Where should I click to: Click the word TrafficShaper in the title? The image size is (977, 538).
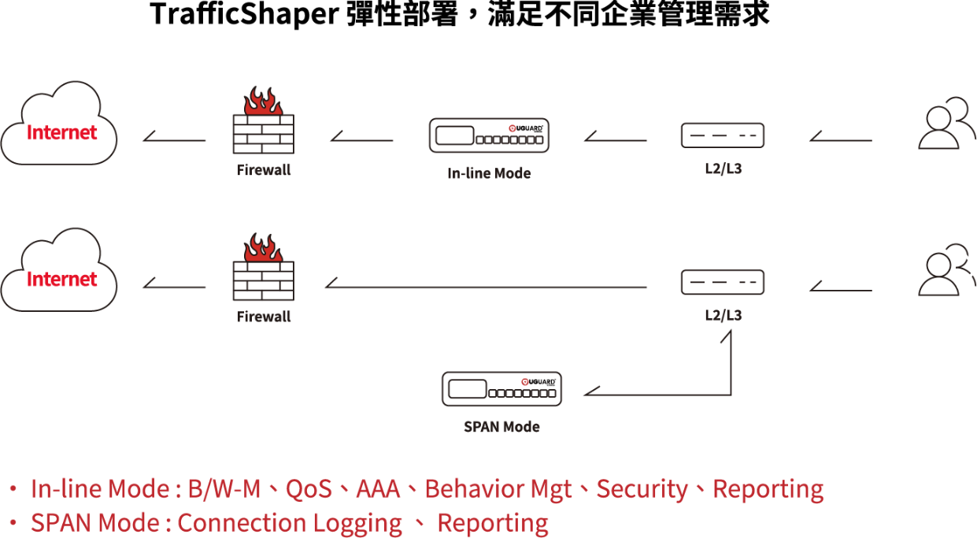(x=244, y=14)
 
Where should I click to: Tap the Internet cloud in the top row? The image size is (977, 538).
(x=59, y=124)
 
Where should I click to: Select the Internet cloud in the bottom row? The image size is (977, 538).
(x=59, y=270)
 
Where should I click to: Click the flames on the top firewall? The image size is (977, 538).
(x=263, y=101)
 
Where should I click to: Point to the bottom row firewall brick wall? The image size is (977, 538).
(x=264, y=281)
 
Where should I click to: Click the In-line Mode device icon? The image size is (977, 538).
(x=489, y=135)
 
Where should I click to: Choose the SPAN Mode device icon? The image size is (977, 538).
(x=501, y=389)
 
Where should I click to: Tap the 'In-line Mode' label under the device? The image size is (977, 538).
(x=489, y=173)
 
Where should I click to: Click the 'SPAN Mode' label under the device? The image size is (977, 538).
(x=501, y=427)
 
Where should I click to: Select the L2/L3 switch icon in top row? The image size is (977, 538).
(x=723, y=135)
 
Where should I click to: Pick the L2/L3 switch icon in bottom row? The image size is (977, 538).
(x=723, y=282)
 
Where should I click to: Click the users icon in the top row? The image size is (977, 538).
(x=946, y=124)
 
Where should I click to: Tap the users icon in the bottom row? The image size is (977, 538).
(x=946, y=270)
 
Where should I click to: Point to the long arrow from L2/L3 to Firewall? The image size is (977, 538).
(x=486, y=287)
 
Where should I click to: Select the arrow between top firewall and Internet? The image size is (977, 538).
(x=175, y=140)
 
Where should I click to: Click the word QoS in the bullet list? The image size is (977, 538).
(x=309, y=488)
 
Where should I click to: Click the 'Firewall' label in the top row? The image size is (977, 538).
(x=264, y=169)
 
